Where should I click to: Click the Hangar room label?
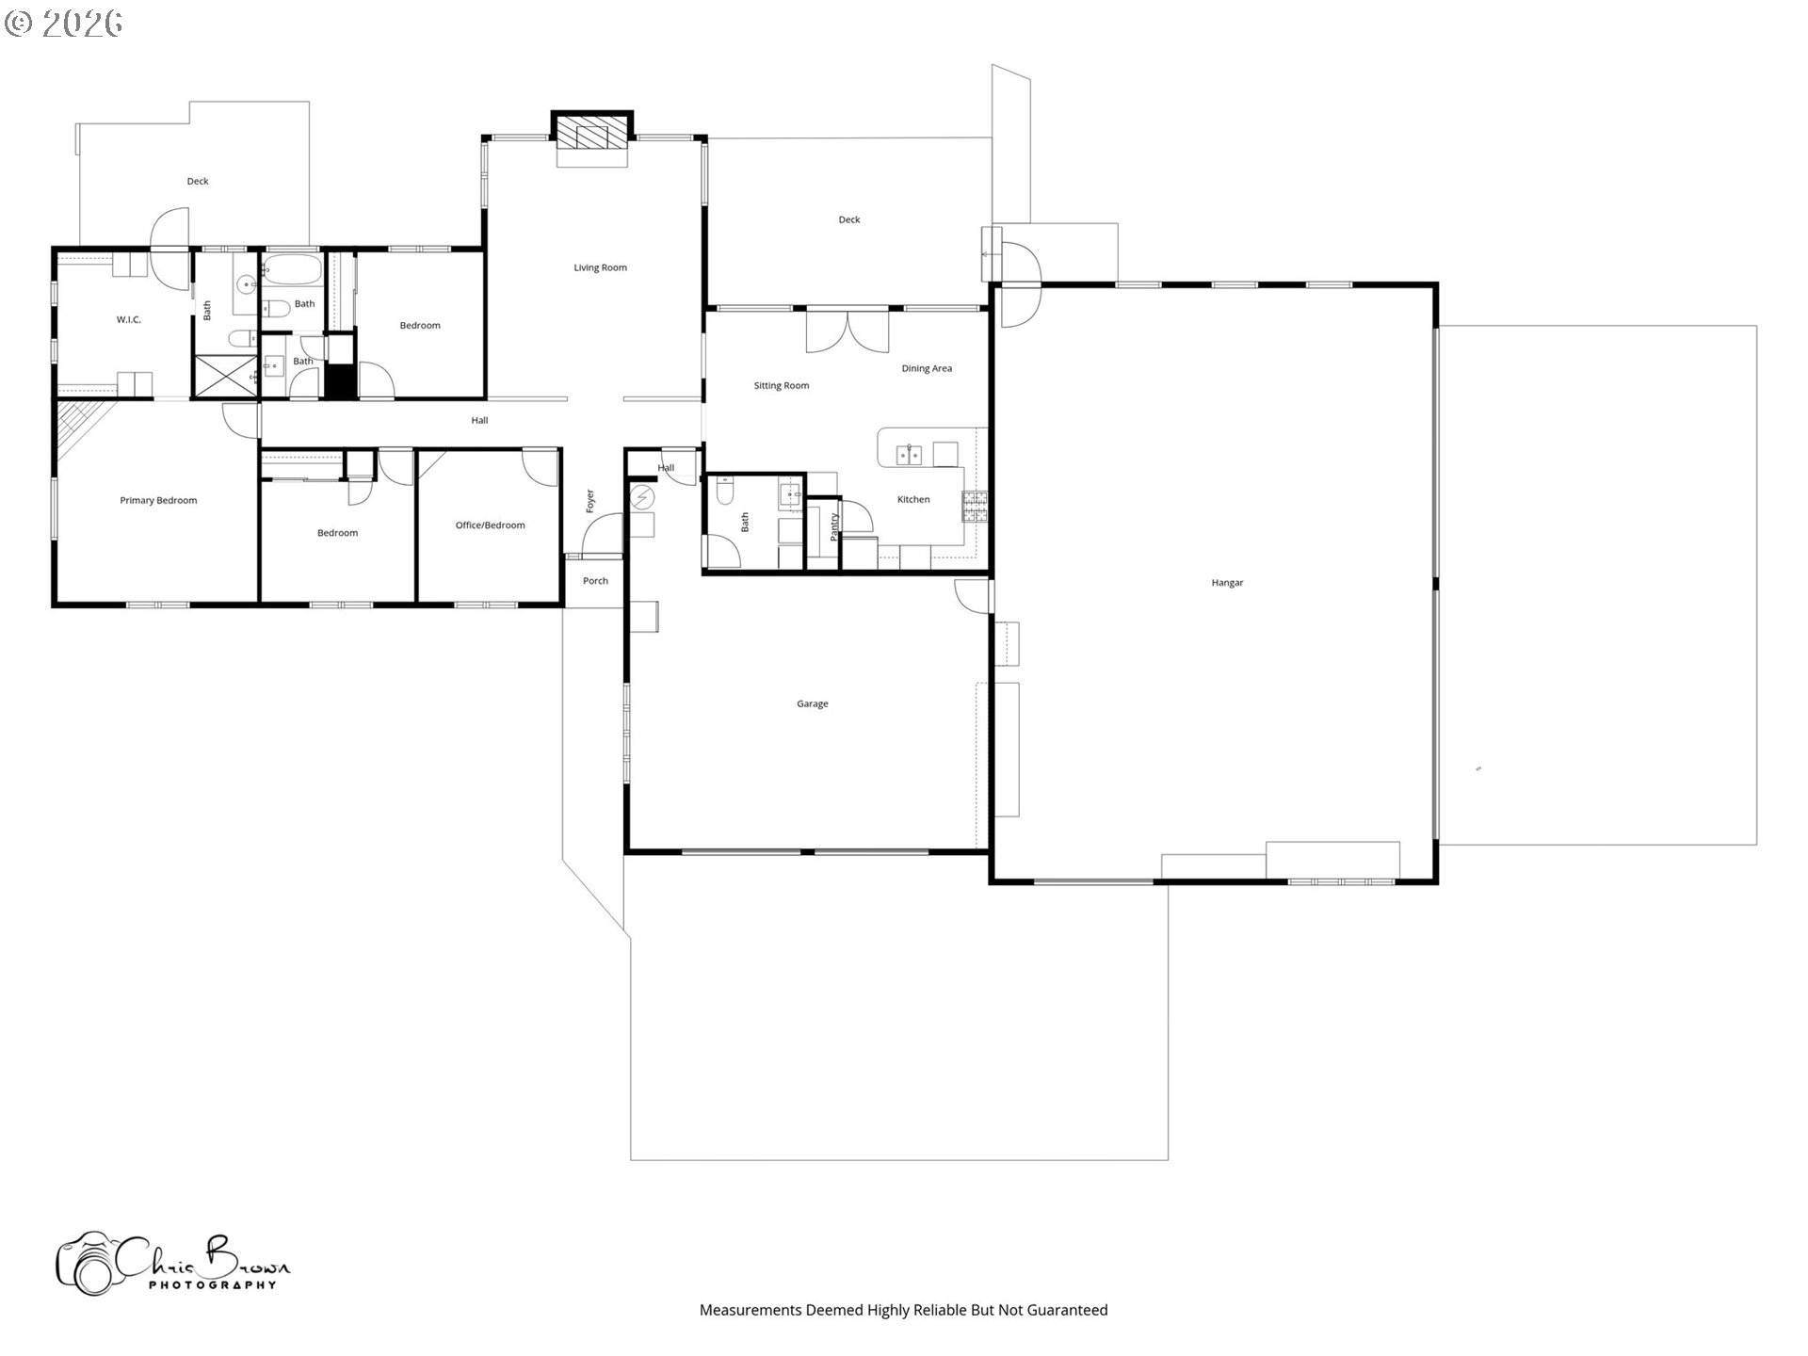[x=1227, y=583]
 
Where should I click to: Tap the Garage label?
[x=812, y=703]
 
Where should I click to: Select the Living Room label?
[x=600, y=267]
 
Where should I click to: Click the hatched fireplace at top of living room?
[x=591, y=131]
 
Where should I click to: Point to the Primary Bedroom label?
[x=158, y=500]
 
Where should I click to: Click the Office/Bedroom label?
[x=490, y=525]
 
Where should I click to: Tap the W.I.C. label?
[x=129, y=319]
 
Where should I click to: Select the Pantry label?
[x=834, y=526]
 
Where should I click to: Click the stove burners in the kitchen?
[x=975, y=507]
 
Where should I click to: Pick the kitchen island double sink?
[x=910, y=456]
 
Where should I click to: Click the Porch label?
[x=595, y=581]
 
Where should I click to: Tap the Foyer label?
[x=590, y=501]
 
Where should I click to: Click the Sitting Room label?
[x=781, y=385]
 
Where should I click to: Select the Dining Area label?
[x=927, y=368]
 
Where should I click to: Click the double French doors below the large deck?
[x=847, y=330]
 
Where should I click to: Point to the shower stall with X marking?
[x=224, y=376]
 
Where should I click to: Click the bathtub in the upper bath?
[x=292, y=270]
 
